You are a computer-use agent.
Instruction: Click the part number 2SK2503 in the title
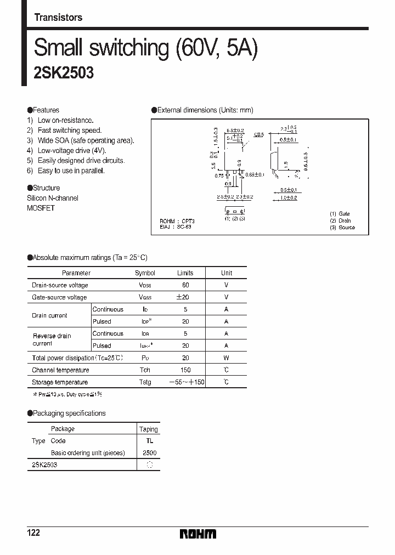[x=64, y=73]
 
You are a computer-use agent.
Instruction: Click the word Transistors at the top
[x=58, y=18]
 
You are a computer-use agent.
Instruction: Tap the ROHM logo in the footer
[x=198, y=534]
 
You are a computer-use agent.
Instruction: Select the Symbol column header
[x=145, y=273]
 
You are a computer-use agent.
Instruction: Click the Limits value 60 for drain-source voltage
[x=185, y=285]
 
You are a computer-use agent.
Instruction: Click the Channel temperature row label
[x=60, y=370]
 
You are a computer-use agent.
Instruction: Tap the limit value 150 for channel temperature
[x=185, y=370]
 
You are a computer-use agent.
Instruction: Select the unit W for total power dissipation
[x=226, y=358]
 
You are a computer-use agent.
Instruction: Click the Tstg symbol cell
[x=145, y=382]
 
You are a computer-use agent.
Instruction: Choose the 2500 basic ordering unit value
[x=149, y=453]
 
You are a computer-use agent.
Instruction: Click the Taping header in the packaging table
[x=149, y=429]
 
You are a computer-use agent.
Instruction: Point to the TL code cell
[x=149, y=441]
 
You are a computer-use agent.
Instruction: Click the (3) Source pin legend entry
[x=342, y=228]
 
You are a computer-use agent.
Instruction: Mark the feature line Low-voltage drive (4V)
[x=71, y=150]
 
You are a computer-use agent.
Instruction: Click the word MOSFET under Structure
[x=41, y=208]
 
